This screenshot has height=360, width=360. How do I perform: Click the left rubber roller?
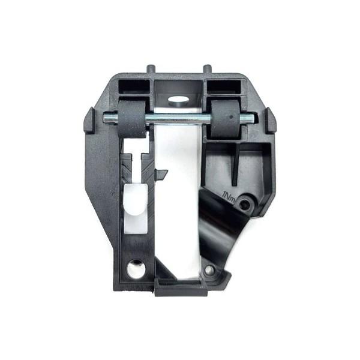click(x=132, y=119)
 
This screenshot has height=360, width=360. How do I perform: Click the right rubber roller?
click(x=225, y=118)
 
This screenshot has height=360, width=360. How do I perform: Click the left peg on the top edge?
click(x=151, y=68)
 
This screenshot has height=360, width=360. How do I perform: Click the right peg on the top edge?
click(x=207, y=68)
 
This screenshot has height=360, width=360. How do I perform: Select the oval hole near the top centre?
click(x=178, y=100)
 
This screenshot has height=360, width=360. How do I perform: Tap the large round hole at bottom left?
click(x=136, y=269)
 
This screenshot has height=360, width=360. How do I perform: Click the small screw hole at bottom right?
click(x=209, y=270)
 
